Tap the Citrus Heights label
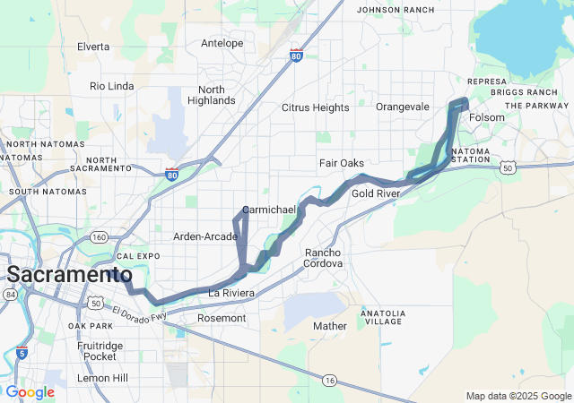point(315,107)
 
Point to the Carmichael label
point(269,209)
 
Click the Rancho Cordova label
point(323,258)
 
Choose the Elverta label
point(93,46)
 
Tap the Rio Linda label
point(112,86)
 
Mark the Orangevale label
point(403,107)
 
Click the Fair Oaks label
point(342,163)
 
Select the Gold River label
point(375,193)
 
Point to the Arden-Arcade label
point(204,236)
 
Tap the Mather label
point(329,326)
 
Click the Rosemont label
point(221,318)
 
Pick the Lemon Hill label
point(102,378)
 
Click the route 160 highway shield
point(99,237)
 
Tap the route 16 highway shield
point(330,381)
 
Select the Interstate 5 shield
point(22,352)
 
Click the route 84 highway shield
point(10,295)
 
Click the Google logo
point(30,392)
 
